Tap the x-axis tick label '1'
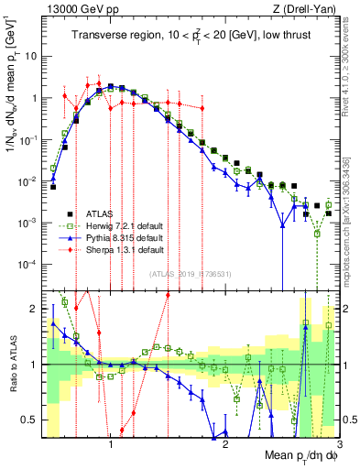(x=111, y=443)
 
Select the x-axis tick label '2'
(x=225, y=443)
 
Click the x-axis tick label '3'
(x=339, y=443)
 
